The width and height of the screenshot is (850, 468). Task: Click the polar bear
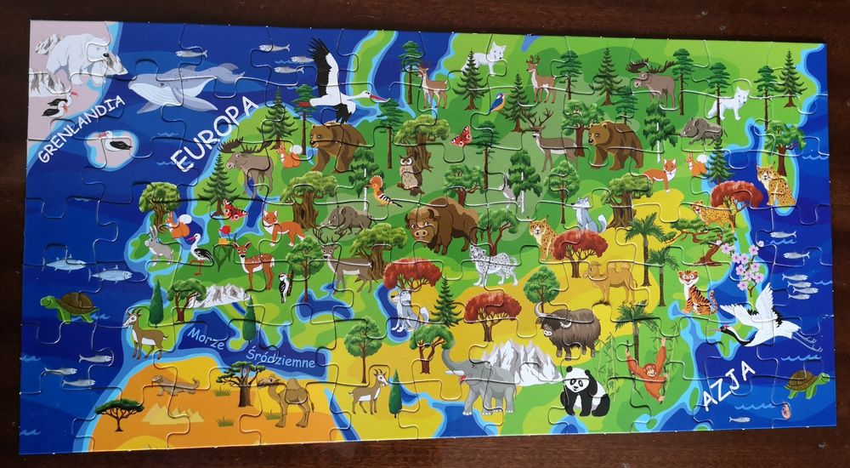click(81, 57)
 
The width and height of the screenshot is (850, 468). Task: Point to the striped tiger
click(698, 293)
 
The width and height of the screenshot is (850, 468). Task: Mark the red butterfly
click(462, 136)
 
